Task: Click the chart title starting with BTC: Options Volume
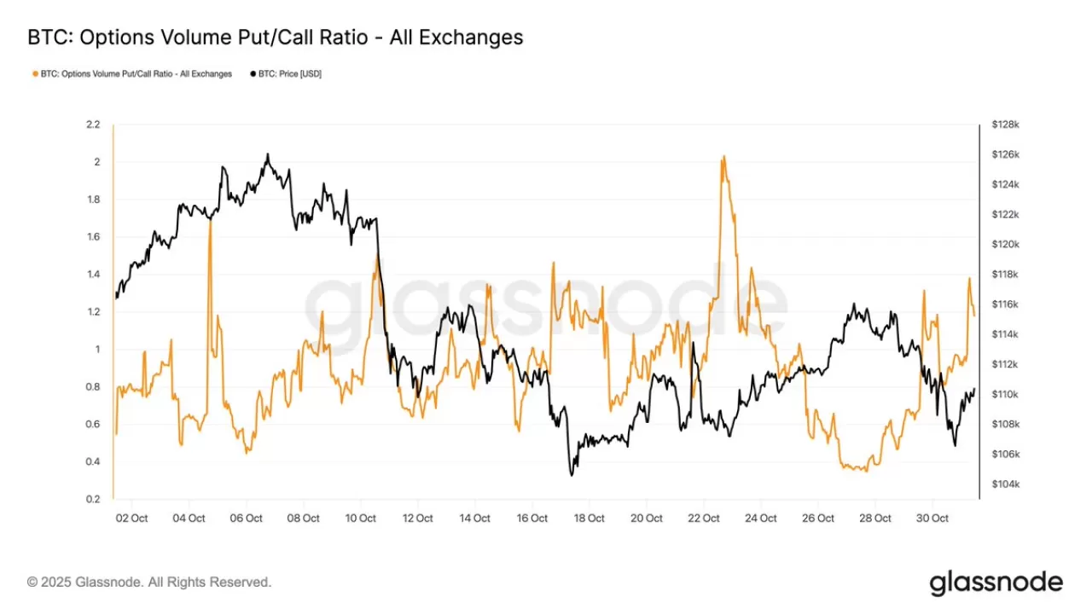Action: pos(275,38)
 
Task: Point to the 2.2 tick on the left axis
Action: pos(93,125)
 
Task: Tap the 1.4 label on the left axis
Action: pos(93,275)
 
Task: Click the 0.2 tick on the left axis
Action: pos(93,500)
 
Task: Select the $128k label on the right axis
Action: pos(1005,125)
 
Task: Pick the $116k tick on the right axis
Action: pos(1005,304)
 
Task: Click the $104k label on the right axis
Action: pos(1005,484)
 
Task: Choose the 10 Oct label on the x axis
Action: pos(360,518)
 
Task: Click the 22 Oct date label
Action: pos(703,518)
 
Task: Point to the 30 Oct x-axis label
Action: pos(932,518)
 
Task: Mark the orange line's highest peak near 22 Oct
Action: pos(723,157)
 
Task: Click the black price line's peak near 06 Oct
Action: pos(267,154)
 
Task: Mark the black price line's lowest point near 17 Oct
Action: pos(571,475)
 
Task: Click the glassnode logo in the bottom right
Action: pos(996,583)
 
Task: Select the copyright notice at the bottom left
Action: pos(149,582)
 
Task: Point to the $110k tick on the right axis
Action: pos(1005,394)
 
